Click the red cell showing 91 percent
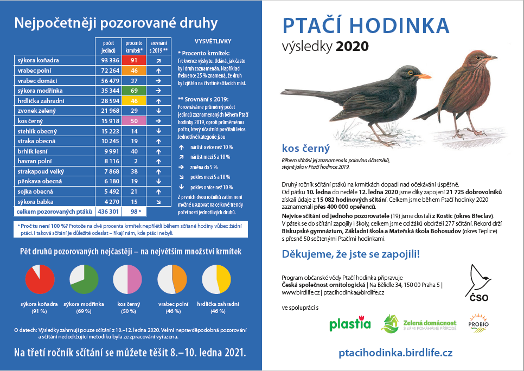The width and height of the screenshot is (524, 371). pyautogui.click(x=133, y=60)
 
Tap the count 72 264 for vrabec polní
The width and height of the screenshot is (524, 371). pyautogui.click(x=107, y=71)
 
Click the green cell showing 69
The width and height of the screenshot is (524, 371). pyautogui.click(x=133, y=90)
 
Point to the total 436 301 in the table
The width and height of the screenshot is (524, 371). pyautogui.click(x=107, y=211)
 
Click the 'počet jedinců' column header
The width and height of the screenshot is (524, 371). pyautogui.click(x=107, y=46)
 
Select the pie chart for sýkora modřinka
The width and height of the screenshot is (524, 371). pyautogui.click(x=84, y=280)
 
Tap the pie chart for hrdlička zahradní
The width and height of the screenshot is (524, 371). pyautogui.click(x=217, y=280)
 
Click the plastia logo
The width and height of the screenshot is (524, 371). pyautogui.click(x=349, y=324)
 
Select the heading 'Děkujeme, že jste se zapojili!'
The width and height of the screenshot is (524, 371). pyautogui.click(x=351, y=254)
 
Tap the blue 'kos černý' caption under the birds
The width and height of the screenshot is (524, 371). pyautogui.click(x=306, y=148)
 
